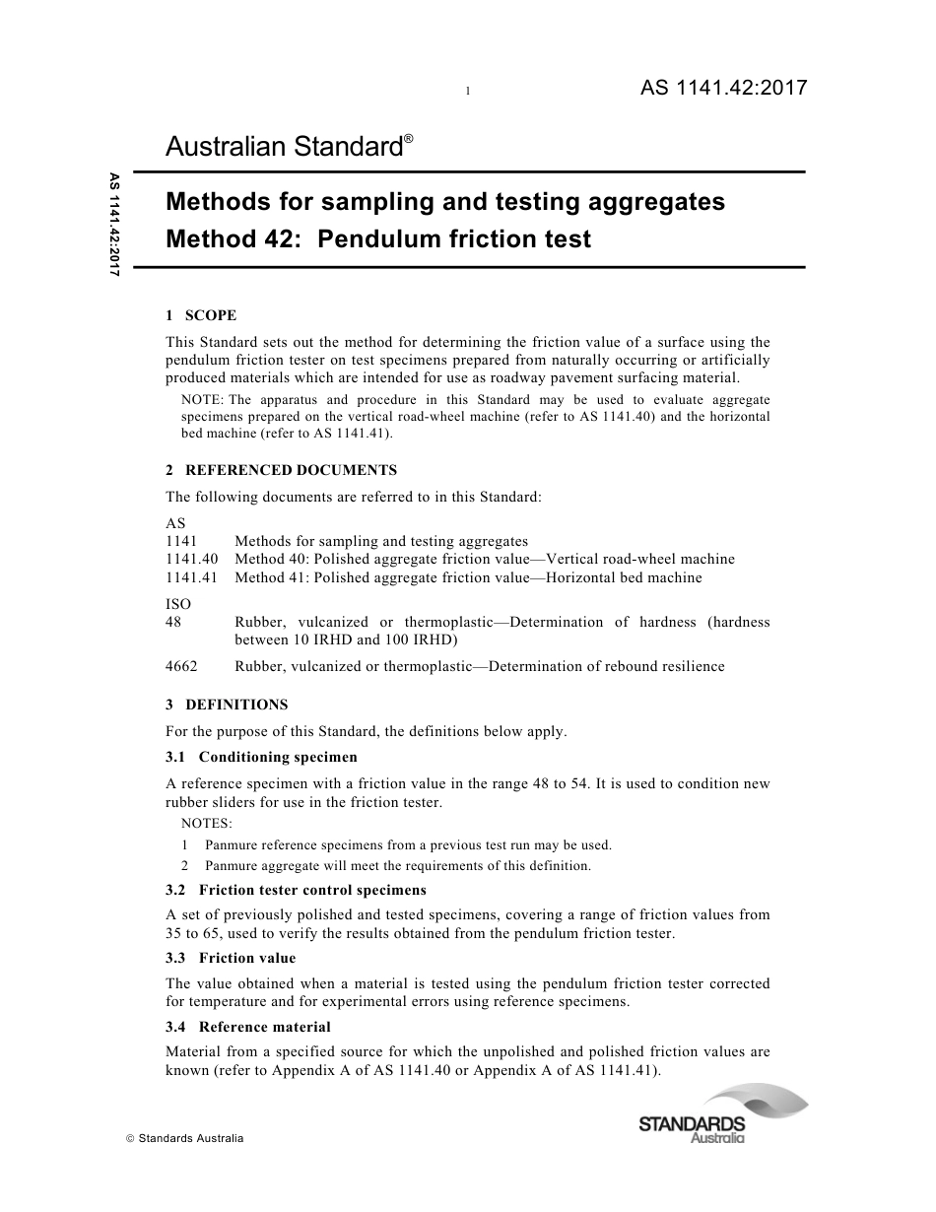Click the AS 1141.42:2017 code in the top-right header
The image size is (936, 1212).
click(x=723, y=88)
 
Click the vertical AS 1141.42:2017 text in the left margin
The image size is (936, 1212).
click(x=114, y=225)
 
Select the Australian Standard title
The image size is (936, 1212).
click(x=284, y=148)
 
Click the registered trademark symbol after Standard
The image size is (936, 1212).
click(x=408, y=139)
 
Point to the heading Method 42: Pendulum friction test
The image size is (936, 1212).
click(x=378, y=238)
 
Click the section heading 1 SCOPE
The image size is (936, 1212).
click(x=201, y=315)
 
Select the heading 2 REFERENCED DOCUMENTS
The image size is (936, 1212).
click(x=281, y=470)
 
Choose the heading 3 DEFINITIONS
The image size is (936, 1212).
click(x=227, y=704)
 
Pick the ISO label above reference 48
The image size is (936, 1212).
click(x=178, y=603)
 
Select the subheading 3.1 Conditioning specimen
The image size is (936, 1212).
click(x=261, y=757)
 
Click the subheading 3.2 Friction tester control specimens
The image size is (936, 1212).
click(x=296, y=890)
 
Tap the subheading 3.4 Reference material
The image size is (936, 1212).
click(x=248, y=1026)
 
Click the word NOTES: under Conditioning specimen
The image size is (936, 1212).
click(x=207, y=823)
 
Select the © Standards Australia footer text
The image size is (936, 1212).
click(x=185, y=1138)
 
